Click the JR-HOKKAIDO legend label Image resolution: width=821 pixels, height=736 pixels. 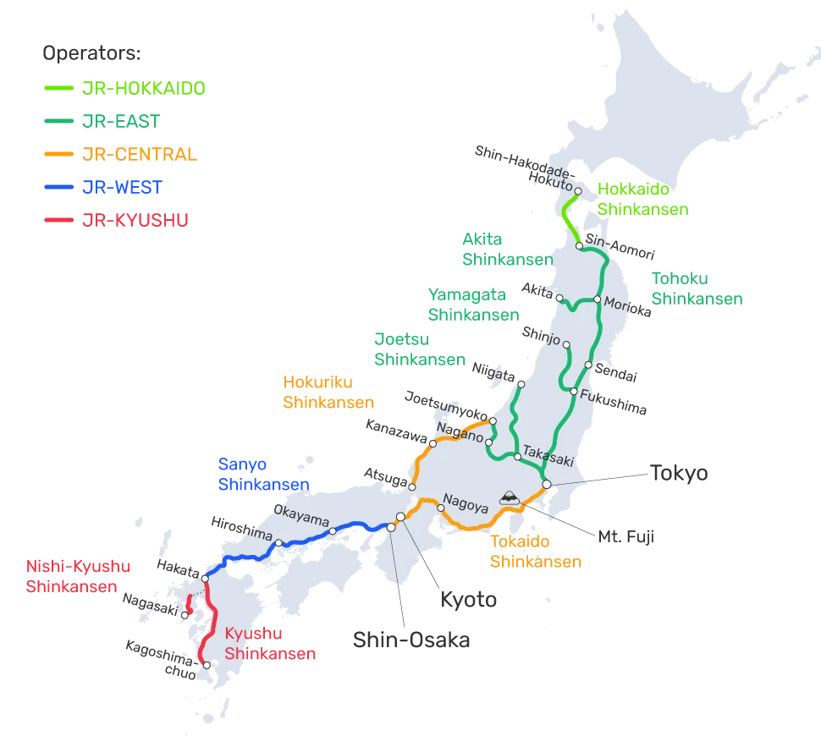145,87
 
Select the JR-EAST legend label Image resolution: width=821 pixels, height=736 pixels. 121,120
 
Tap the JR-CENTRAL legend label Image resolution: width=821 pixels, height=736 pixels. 141,154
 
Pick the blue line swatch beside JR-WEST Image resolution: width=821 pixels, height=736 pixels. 59,187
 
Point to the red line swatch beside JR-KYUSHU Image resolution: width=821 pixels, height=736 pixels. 59,220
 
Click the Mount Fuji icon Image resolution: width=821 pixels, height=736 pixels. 510,498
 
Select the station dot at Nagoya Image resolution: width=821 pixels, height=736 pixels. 441,508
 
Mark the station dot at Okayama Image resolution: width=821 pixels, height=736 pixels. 333,531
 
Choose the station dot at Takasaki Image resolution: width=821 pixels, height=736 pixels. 517,457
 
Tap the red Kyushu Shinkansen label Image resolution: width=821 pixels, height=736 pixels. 271,644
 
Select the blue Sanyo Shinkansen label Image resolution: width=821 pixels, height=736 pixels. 263,475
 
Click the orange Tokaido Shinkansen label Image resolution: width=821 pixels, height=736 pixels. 535,551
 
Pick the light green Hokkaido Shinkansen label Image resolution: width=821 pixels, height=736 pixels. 643,199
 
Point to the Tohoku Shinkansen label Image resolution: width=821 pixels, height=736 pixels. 697,288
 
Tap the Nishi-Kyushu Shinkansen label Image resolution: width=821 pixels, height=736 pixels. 79,575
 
